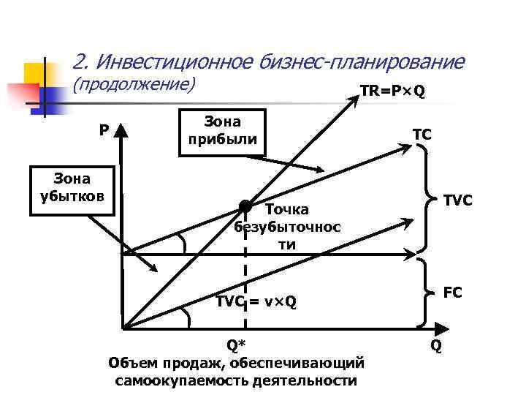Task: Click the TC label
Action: (x=422, y=135)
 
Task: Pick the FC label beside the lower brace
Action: (x=452, y=293)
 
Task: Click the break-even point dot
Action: (x=245, y=208)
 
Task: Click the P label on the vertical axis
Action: (x=104, y=130)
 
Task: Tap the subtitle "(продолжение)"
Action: (x=136, y=85)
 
